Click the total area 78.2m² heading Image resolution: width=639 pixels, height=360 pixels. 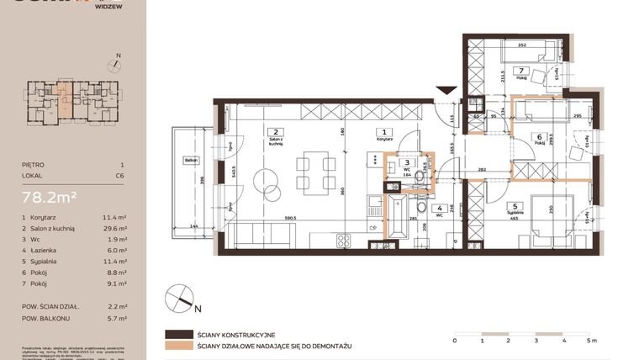point(50,199)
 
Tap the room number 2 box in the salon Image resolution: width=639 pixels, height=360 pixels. point(274,132)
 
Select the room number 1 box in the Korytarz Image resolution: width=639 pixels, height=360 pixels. point(383,132)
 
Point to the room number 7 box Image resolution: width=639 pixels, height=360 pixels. point(521,71)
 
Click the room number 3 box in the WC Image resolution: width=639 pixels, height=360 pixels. point(407,163)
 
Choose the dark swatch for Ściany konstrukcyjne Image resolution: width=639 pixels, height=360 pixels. point(179,334)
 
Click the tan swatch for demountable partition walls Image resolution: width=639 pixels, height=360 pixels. point(179,345)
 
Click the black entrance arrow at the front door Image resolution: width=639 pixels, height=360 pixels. point(446,90)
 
